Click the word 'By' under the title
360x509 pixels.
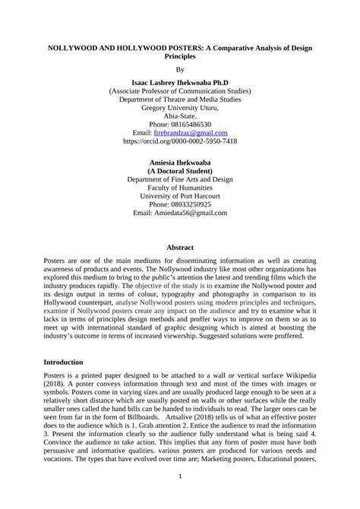pos(180,68)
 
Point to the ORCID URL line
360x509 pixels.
pos(180,141)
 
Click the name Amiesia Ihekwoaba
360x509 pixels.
pos(180,163)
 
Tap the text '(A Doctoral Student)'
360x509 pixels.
pos(180,172)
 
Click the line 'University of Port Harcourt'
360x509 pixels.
pos(180,195)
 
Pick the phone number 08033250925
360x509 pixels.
pos(191,204)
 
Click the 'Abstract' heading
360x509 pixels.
pos(180,248)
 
